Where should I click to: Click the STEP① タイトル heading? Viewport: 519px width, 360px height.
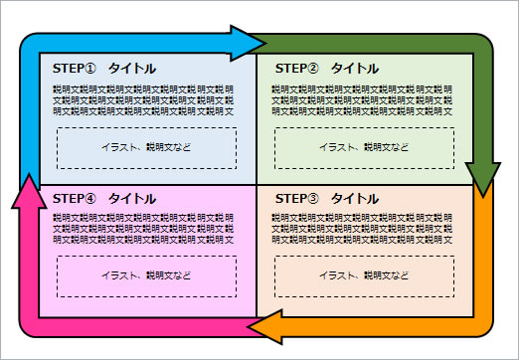click(103, 69)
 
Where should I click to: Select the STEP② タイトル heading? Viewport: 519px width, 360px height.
click(326, 69)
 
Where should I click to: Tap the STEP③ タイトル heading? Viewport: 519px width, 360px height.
click(326, 198)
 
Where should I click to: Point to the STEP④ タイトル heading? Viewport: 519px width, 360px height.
click(103, 198)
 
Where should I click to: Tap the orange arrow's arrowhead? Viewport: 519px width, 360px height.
click(263, 327)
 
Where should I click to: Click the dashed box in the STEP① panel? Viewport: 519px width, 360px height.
click(146, 148)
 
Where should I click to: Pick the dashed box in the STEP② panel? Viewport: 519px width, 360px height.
click(364, 148)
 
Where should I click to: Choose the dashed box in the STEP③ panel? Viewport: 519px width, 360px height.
click(364, 275)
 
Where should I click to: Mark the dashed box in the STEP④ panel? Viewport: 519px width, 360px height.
click(146, 275)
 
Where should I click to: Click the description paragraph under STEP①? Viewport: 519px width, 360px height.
click(144, 99)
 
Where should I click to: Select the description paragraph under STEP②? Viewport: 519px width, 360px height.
click(363, 99)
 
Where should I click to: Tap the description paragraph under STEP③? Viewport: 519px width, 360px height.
click(363, 228)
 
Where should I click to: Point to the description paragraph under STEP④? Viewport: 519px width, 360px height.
click(144, 228)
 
